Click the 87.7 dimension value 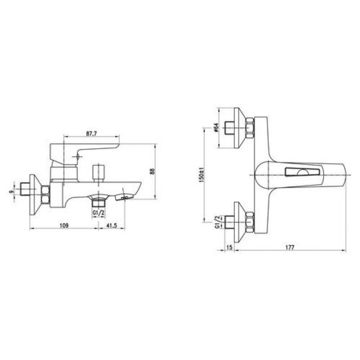coord(91,134)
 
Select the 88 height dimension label coord(152,171)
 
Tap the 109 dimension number coord(64,225)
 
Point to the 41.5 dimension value coord(112,225)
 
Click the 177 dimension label coord(290,247)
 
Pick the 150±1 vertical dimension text coord(201,175)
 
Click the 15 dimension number coord(229,247)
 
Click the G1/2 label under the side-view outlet coord(99,213)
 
